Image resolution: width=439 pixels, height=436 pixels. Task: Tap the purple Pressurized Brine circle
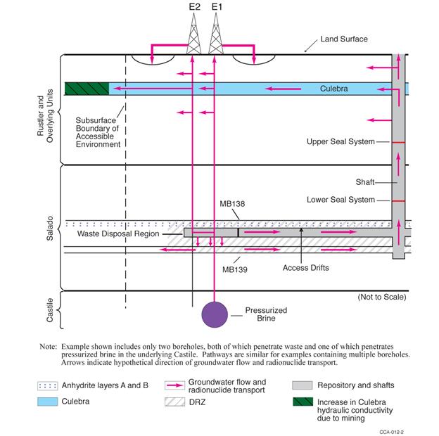pyautogui.click(x=215, y=313)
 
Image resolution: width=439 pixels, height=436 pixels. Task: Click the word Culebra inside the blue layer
pyautogui.click(x=334, y=89)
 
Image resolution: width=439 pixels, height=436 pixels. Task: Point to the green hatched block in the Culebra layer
pyautogui.click(x=87, y=89)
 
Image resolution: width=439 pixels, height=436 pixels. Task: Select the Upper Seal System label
pyautogui.click(x=341, y=142)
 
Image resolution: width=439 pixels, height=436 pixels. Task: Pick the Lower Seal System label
pyautogui.click(x=341, y=200)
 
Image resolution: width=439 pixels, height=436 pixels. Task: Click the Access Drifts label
pyautogui.click(x=306, y=268)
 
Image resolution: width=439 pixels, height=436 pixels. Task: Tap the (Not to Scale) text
pyautogui.click(x=382, y=297)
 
